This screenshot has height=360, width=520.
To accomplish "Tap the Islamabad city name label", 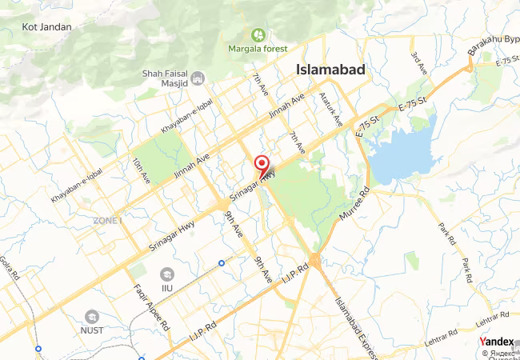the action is (x=330, y=70).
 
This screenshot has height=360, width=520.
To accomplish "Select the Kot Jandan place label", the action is (x=46, y=26).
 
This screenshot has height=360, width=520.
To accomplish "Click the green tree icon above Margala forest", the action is (x=258, y=36).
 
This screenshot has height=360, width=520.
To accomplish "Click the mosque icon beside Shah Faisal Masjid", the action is (x=198, y=78).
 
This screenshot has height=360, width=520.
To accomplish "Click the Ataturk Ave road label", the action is (x=330, y=110).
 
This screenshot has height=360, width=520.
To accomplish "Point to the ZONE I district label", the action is (x=107, y=220).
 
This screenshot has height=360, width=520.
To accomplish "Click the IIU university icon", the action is (x=166, y=274).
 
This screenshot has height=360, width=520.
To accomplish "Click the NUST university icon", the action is (x=92, y=317).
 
